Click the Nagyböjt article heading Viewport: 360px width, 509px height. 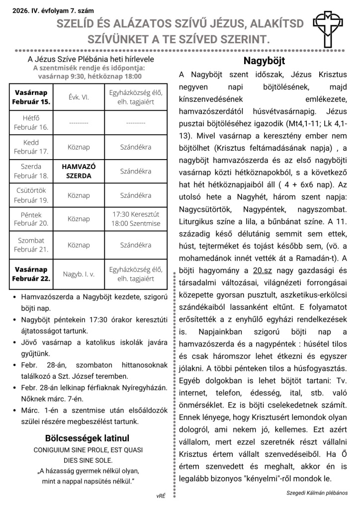(x=264, y=61)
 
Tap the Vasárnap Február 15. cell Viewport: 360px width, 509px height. (x=31, y=97)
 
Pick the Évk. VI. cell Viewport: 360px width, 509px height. (x=79, y=97)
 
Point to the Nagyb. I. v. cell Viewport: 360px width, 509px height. (x=79, y=274)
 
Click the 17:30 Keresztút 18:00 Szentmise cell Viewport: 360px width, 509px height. (x=136, y=219)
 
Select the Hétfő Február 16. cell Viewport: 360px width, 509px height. (x=31, y=123)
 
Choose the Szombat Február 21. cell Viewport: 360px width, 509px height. (x=31, y=245)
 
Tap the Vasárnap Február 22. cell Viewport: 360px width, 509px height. (x=31, y=274)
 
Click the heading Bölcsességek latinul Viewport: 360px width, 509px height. (x=87, y=438)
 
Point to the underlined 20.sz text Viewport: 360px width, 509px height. (x=262, y=271)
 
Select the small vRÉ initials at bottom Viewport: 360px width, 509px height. (x=161, y=496)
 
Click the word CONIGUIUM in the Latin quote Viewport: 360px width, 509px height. (x=52, y=449)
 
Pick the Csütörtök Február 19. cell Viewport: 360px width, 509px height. (x=31, y=195)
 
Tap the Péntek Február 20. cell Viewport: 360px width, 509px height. (x=31, y=219)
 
